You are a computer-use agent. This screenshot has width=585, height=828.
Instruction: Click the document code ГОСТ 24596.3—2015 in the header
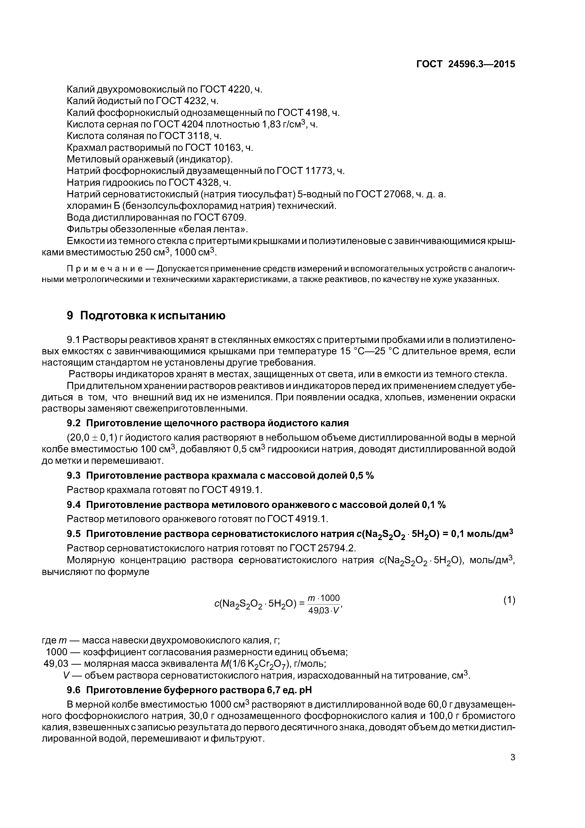coord(466,64)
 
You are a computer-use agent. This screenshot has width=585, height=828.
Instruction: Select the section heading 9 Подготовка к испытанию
coord(146,316)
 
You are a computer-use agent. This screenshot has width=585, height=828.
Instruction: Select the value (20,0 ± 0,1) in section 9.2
coord(93,438)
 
